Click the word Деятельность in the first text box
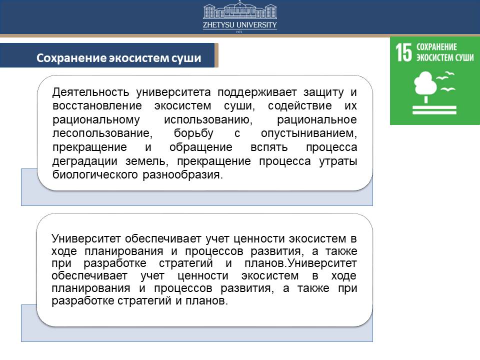90,92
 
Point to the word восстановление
97,106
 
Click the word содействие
299,106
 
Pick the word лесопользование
102,133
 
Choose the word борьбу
193,133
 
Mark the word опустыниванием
309,133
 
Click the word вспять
269,147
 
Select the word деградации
85,161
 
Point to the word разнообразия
183,175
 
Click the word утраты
338,161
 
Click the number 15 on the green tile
403,52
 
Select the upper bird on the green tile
445,76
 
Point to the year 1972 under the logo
239,32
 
